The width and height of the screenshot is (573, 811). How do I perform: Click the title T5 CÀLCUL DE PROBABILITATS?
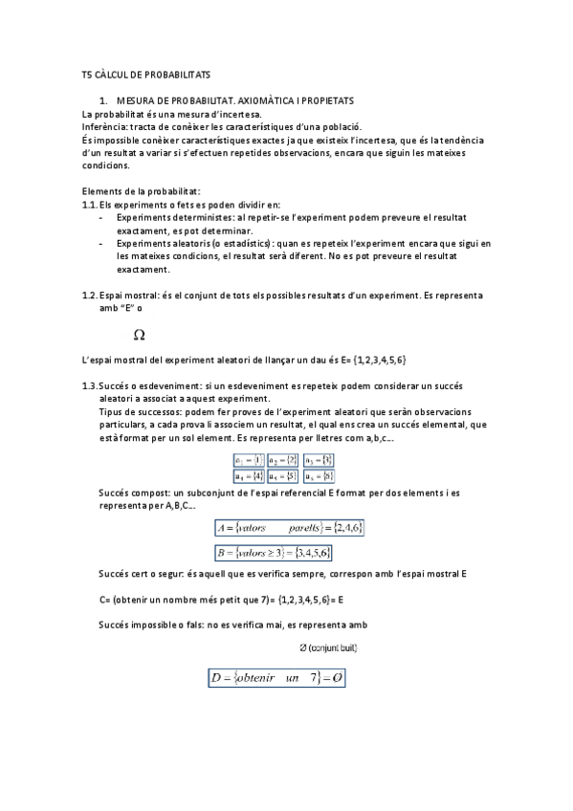pos(145,74)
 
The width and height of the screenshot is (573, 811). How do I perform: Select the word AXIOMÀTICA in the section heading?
pos(267,99)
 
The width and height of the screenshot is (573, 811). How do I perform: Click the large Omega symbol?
pos(139,336)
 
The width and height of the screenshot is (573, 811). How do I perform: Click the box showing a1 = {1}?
pos(249,460)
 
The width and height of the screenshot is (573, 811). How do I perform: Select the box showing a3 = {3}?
pos(320,460)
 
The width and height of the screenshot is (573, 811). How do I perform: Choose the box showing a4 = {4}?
pos(249,474)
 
